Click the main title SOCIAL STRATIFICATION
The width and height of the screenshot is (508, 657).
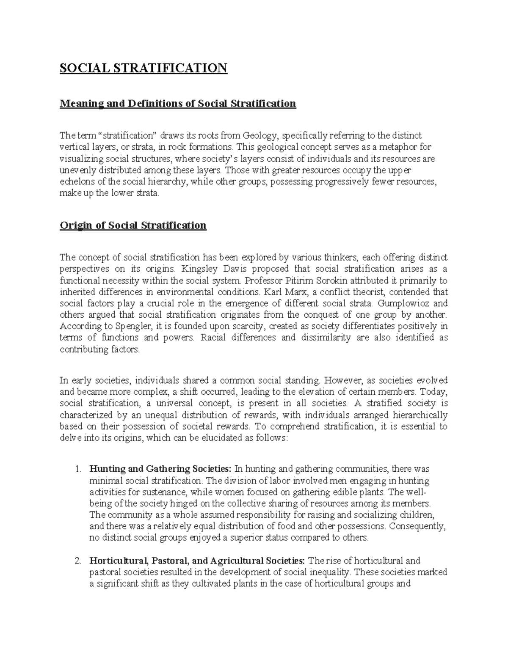coord(144,68)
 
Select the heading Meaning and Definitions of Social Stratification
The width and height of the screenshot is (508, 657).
coord(178,104)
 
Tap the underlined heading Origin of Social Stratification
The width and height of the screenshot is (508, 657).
coord(133,225)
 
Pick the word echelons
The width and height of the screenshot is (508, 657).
coord(75,182)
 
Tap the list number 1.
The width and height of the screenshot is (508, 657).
coord(77,469)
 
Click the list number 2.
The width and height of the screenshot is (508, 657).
coord(77,561)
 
